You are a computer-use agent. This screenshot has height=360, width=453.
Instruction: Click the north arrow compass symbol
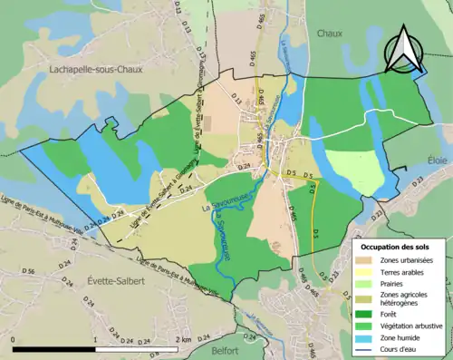(x=405, y=50)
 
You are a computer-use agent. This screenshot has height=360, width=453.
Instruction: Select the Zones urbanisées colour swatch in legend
(x=364, y=260)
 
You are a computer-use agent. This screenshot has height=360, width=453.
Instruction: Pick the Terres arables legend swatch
(x=364, y=271)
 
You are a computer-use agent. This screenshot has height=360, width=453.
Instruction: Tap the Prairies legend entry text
(x=397, y=283)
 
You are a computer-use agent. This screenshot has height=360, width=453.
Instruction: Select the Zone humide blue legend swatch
(x=364, y=336)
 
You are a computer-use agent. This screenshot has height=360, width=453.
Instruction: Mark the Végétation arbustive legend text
(x=413, y=326)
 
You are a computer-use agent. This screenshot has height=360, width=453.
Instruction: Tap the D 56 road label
(x=28, y=272)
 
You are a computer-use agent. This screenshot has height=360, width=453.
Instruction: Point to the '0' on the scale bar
(x=14, y=338)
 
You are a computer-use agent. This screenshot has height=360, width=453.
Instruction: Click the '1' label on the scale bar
(x=96, y=338)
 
